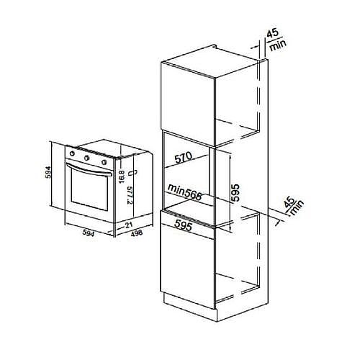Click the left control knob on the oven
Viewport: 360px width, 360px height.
[x=72, y=153]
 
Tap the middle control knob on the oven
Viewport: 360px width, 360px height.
[x=87, y=158]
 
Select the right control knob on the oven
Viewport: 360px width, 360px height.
[x=104, y=163]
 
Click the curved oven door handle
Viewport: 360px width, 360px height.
[x=89, y=169]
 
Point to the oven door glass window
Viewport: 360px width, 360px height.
[x=89, y=190]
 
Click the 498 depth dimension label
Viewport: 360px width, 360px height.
[x=137, y=233]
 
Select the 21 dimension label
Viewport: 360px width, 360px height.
[x=129, y=225]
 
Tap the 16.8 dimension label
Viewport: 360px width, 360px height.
[x=122, y=177]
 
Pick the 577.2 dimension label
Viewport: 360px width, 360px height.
[x=130, y=195]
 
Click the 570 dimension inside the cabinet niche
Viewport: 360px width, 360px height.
[x=184, y=158]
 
